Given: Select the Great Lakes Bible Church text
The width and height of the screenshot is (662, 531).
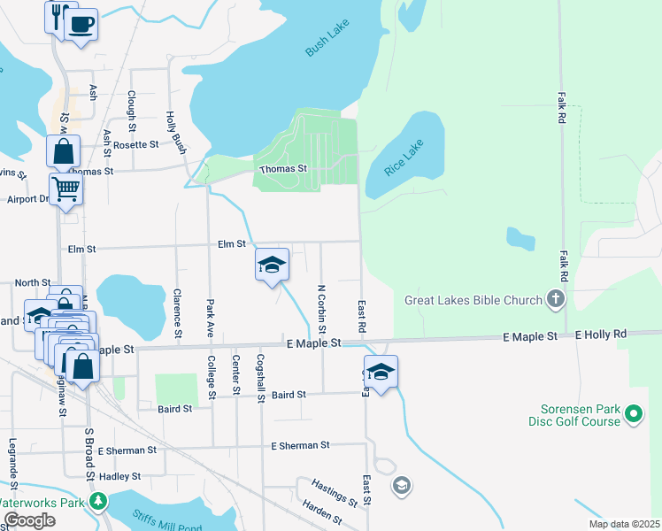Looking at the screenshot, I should (x=473, y=300).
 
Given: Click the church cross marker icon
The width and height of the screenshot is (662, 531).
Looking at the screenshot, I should (x=557, y=299).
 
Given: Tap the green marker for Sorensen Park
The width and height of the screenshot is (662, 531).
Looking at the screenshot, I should (x=633, y=414).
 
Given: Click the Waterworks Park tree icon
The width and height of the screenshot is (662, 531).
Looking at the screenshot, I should (x=99, y=503).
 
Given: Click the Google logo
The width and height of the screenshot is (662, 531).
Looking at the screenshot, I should (x=28, y=520).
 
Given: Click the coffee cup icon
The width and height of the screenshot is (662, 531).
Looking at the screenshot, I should (x=81, y=24).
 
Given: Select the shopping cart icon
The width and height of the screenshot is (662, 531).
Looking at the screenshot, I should (x=66, y=188).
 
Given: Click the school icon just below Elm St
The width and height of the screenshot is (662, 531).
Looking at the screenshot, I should (x=273, y=264).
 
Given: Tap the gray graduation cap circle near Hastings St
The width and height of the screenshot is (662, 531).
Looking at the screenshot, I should (x=401, y=485).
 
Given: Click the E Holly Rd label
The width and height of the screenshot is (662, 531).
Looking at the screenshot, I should (x=600, y=335).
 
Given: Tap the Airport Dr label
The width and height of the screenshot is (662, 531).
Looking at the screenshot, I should (x=26, y=199).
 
